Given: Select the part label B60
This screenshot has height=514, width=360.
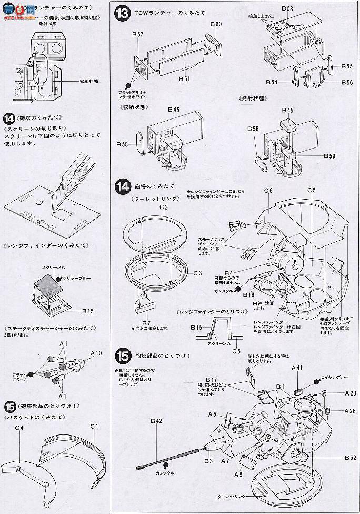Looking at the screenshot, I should coord(216,24).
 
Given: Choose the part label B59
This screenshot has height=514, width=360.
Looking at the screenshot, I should coord(329,156).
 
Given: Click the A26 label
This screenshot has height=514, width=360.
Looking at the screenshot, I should coord(350,411).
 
